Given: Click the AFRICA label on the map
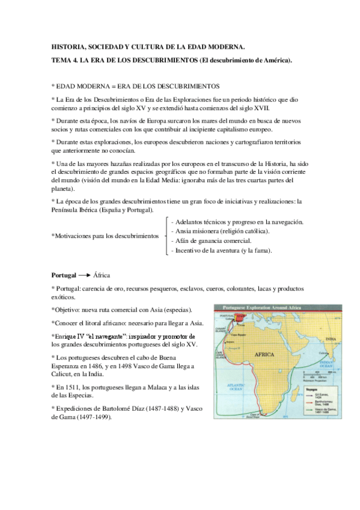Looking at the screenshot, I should (264, 354).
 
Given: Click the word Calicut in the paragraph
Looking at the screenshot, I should (63, 374).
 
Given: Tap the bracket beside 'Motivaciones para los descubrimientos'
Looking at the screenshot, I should (165, 236).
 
